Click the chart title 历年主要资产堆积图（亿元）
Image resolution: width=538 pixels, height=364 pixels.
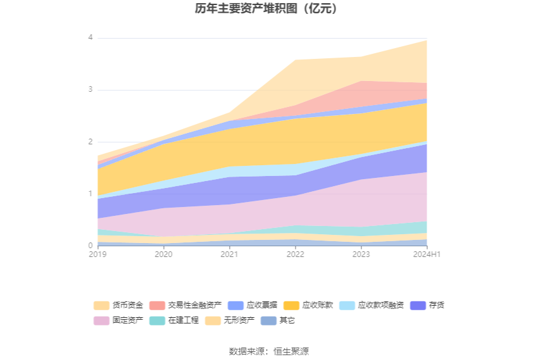click(269, 9)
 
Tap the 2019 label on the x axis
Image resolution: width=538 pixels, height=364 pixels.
click(97, 254)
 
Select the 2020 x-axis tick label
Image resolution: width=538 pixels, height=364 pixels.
click(163, 254)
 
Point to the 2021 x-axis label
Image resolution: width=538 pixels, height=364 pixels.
click(229, 254)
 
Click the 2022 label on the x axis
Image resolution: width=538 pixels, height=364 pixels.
click(295, 254)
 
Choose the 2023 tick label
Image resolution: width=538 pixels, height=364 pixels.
click(361, 254)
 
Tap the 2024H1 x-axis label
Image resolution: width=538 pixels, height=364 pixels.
click(427, 254)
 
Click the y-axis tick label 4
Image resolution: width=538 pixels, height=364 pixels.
click(91, 38)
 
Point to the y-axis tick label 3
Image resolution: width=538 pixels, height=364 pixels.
click(91, 90)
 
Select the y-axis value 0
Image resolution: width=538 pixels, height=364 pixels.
click(91, 246)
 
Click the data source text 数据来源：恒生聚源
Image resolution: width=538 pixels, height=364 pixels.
click(269, 351)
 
